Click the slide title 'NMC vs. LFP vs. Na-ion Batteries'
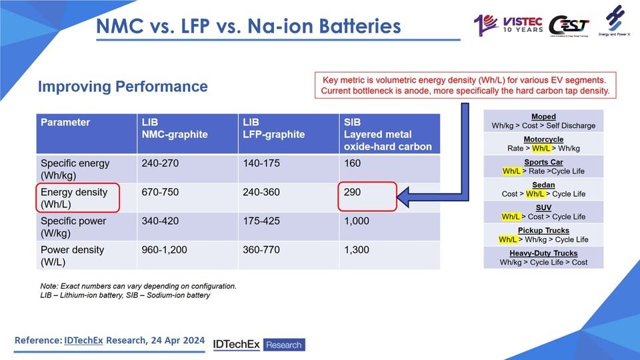(248, 26)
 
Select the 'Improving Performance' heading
(123, 87)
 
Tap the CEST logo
(568, 25)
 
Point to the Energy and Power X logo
(614, 24)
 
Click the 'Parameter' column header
(65, 123)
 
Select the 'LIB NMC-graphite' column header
(174, 129)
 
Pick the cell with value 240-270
(160, 163)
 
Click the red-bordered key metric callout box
(465, 84)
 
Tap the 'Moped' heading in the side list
(543, 117)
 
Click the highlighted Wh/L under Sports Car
(513, 171)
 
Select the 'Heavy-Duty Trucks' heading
(543, 253)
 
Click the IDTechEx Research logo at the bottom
(258, 344)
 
